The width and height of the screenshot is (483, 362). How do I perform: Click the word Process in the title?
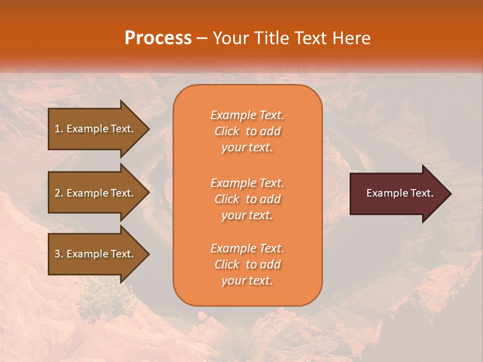pyautogui.click(x=158, y=38)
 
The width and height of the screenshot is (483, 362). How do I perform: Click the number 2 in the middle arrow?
pyautogui.click(x=57, y=193)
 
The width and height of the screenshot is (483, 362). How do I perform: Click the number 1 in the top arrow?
pyautogui.click(x=57, y=129)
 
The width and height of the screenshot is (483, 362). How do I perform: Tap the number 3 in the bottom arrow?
pyautogui.click(x=57, y=254)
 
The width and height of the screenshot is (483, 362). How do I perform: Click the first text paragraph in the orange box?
pyautogui.click(x=247, y=131)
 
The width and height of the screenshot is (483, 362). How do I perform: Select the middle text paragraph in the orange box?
pyautogui.click(x=247, y=199)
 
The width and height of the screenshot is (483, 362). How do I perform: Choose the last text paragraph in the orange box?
pyautogui.click(x=247, y=264)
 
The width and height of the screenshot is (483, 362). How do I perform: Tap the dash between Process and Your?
pyautogui.click(x=202, y=39)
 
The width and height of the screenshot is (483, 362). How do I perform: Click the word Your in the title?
pyautogui.click(x=229, y=38)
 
